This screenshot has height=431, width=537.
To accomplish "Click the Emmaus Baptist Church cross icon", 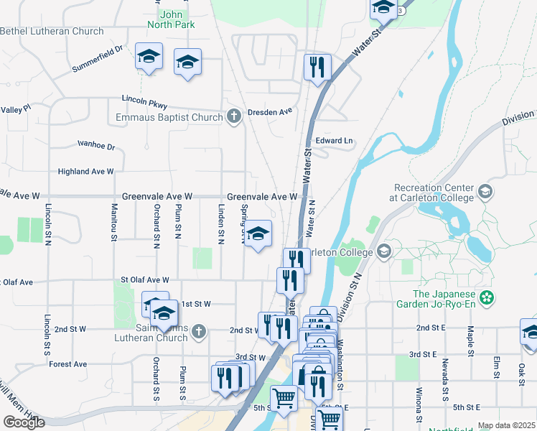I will [233, 117].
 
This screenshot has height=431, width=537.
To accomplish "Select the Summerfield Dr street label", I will [98, 59].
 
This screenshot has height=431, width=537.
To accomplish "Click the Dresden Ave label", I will [271, 112].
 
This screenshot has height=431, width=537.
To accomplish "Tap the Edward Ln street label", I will [335, 141].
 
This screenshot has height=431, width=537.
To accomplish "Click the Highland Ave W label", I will [86, 172].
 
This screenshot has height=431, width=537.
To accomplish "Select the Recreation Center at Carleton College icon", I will [485, 191].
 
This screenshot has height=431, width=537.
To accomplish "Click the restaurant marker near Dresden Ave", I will [317, 68].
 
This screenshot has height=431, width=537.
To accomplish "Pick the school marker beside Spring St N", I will [259, 233].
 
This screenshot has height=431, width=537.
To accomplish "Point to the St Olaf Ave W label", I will [144, 280].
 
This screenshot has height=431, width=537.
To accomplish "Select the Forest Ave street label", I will [68, 364].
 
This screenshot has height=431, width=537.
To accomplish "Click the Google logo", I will [24, 422].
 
